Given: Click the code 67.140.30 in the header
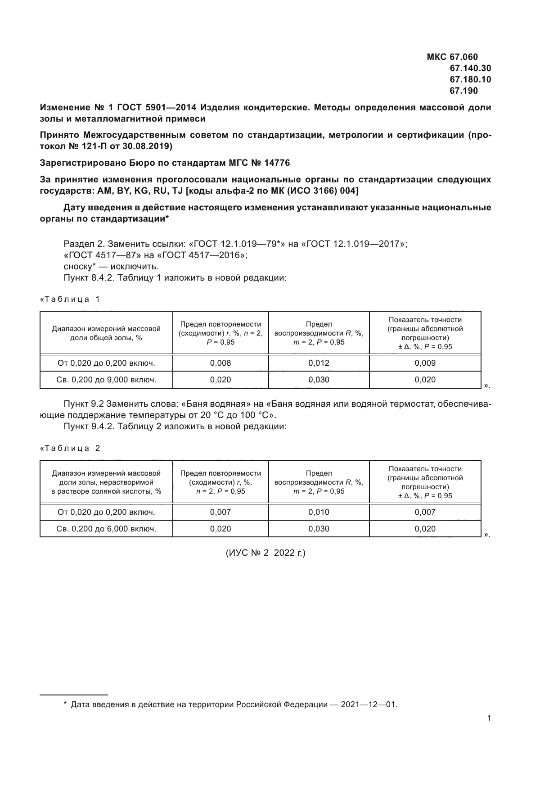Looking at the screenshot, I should point(470,68).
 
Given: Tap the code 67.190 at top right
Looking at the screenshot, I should point(463,91).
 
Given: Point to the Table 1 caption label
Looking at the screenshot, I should point(70,299).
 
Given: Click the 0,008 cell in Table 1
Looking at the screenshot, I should point(220,363).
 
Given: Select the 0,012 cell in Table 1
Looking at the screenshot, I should point(319,363).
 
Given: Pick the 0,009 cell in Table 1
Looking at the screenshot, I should point(425,363).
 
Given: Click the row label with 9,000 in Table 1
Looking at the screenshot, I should point(106,380).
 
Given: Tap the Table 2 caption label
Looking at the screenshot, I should point(70,448).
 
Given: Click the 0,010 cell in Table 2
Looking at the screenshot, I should point(319,512).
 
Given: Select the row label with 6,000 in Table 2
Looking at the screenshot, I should point(106,529).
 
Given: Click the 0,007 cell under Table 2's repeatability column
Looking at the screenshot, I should point(220,512).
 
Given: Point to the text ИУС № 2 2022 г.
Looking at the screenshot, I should point(265,553).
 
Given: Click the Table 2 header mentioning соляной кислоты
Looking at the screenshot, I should point(106,482).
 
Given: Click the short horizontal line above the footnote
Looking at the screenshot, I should point(73,695).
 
